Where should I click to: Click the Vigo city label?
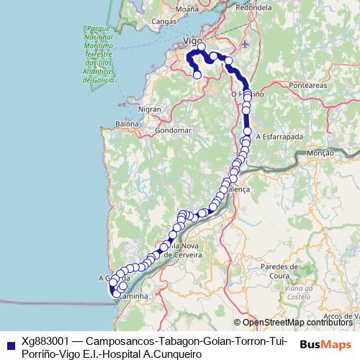pyautogui.click(x=191, y=40)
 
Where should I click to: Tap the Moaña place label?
pyautogui.click(x=186, y=9)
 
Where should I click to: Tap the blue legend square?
pyautogui.click(x=8, y=345)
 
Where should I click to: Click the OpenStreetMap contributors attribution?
pyautogui.click(x=296, y=323)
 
